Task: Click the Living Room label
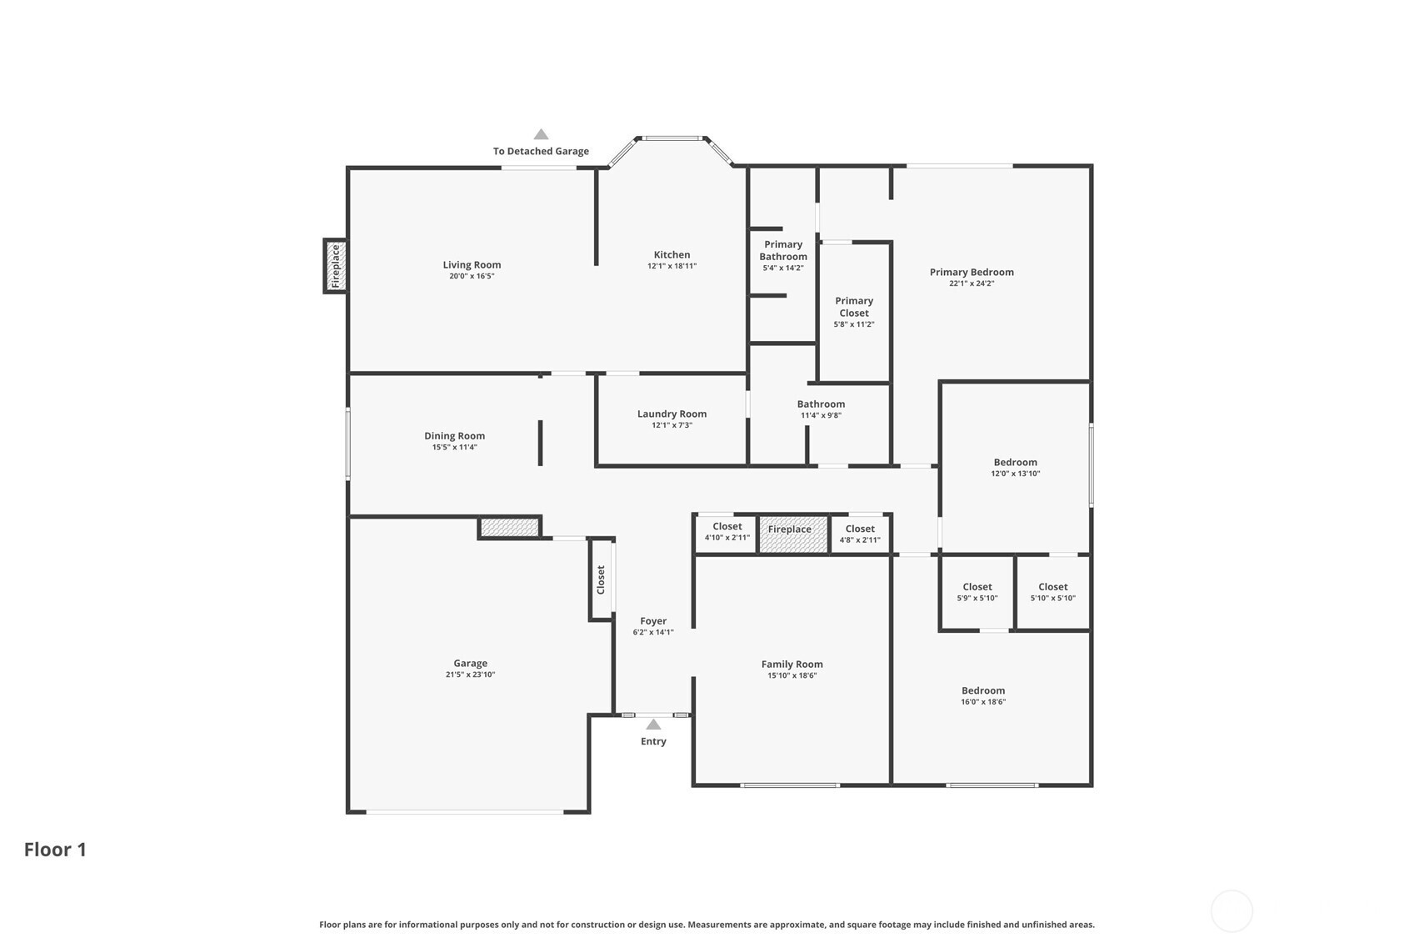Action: point(472,264)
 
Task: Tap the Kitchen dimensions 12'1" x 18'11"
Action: point(672,266)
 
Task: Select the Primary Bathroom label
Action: point(782,250)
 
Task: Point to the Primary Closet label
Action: point(854,307)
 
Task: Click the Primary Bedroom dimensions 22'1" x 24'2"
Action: point(972,283)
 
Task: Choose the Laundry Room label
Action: point(672,414)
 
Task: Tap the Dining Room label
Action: point(454,436)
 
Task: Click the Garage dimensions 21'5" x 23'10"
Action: point(470,675)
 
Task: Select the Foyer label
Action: point(653,621)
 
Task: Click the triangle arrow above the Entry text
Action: point(653,725)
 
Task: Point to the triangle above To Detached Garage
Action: point(541,134)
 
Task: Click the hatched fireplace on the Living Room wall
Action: point(335,266)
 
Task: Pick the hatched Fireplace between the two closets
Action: point(793,534)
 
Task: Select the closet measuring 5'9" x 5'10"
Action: point(977,592)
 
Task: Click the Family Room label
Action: point(792,664)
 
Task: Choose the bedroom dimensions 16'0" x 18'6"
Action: point(983,702)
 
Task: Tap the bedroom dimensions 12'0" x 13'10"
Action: point(1015,474)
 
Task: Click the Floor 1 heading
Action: point(55,850)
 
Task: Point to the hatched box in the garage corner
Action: point(509,528)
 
